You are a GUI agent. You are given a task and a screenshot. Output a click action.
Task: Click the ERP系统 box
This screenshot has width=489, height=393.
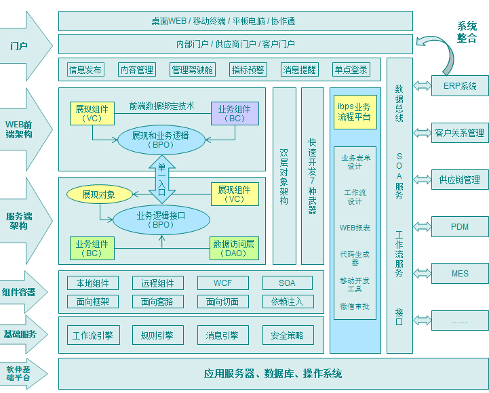[x=460, y=86]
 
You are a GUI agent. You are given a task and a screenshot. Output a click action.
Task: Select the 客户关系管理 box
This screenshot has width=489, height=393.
[x=460, y=133]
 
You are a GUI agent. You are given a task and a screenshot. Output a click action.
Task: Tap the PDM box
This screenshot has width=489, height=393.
[x=460, y=226]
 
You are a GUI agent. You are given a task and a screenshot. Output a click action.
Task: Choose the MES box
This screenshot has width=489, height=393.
[x=460, y=274]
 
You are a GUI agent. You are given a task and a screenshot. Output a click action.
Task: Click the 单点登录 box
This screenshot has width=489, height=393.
[x=351, y=70]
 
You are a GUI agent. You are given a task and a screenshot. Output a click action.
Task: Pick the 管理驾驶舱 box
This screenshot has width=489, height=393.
[x=192, y=70]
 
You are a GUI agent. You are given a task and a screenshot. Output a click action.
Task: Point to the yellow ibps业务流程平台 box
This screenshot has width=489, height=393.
[x=354, y=112]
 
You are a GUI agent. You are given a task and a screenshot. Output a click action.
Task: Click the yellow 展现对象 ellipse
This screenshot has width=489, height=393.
[x=99, y=195]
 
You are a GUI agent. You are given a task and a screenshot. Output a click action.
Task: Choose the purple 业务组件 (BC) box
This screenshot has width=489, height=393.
[x=234, y=113]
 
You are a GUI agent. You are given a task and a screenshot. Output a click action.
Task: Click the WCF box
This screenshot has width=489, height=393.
[x=222, y=283]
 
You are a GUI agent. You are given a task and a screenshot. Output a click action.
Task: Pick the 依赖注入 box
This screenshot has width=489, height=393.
[x=287, y=302]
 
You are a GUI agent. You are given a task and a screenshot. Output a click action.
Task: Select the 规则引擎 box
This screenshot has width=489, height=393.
[x=157, y=335]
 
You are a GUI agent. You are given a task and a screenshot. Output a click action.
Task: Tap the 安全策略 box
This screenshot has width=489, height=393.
[x=287, y=335]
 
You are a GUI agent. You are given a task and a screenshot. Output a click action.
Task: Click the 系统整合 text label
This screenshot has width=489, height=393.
[x=467, y=33]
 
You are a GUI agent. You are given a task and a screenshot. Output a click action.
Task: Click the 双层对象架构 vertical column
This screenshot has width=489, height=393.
[x=284, y=176]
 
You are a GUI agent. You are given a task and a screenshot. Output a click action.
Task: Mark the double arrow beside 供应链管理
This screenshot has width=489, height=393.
[x=422, y=180]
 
